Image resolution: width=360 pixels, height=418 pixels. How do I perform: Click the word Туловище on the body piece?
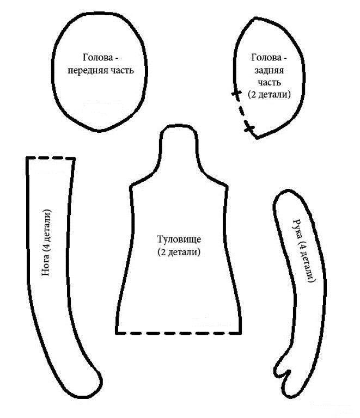click(179, 241)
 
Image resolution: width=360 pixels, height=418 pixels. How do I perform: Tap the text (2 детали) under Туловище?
click(179, 252)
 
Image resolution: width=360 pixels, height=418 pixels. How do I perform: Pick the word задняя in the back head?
click(269, 70)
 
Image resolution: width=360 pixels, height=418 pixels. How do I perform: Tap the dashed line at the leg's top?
click(51, 158)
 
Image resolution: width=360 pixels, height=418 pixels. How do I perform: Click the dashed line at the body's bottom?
click(179, 332)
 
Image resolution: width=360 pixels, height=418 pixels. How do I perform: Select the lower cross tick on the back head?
click(249, 128)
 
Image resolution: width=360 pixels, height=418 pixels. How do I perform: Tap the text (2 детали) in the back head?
click(269, 94)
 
